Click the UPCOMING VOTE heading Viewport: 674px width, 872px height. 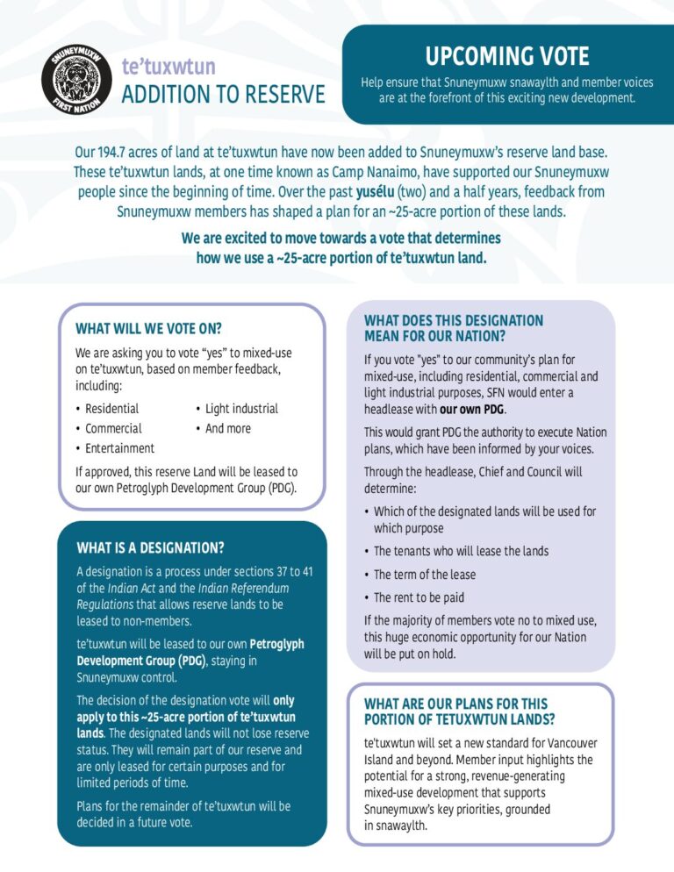point(507,57)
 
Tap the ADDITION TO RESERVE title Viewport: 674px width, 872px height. point(223,94)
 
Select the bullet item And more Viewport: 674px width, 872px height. point(227,428)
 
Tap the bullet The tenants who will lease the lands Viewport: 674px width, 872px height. point(461,551)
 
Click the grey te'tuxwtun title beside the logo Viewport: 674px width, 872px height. point(168,67)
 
